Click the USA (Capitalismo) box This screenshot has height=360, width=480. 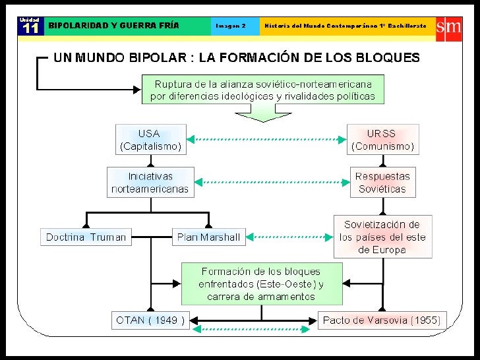tap(150, 140)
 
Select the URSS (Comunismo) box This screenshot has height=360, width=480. tap(382, 140)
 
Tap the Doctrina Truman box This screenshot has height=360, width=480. tap(86, 237)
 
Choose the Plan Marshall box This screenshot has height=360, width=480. tap(208, 237)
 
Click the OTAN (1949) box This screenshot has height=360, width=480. tap(151, 321)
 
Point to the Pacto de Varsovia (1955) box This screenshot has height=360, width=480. tap(382, 321)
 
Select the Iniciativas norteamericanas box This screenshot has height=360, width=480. tap(150, 182)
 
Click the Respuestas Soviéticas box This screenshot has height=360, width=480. tap(382, 182)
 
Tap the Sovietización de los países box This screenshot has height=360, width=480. tap(382, 237)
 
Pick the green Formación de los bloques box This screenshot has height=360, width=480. tap(262, 284)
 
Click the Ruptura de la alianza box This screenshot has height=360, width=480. tap(262, 90)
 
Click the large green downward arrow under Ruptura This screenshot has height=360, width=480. tap(262, 114)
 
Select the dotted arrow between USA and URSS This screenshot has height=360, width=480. tap(266, 140)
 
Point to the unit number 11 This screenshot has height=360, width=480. tap(30, 29)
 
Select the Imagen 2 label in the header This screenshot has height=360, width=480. tap(231, 26)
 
